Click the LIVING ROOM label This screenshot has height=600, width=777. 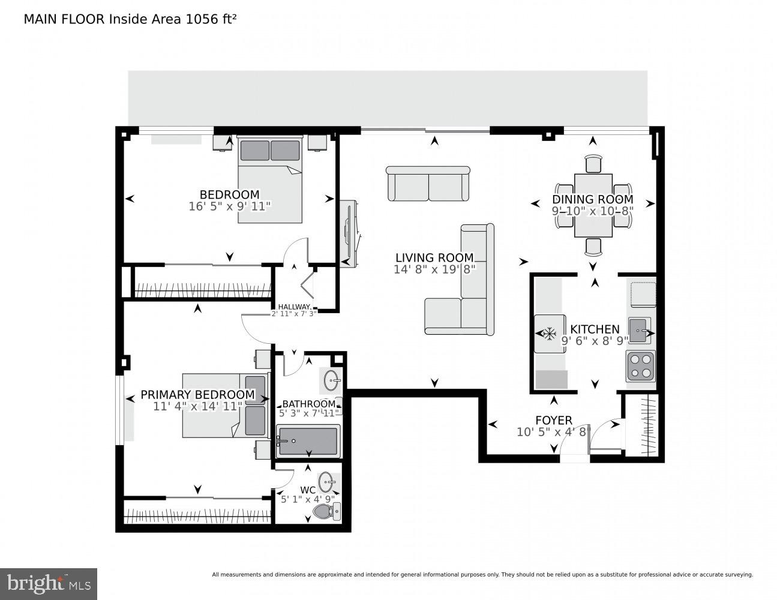(434, 258)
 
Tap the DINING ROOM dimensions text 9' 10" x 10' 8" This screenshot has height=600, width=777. (592, 211)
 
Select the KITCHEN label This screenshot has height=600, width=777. (594, 329)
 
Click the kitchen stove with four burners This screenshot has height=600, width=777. (640, 367)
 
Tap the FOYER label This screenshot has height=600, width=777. (553, 421)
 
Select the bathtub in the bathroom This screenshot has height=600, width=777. (308, 442)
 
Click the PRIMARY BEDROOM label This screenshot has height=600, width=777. (197, 395)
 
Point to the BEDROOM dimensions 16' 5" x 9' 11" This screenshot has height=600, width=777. (229, 206)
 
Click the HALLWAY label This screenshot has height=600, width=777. (293, 307)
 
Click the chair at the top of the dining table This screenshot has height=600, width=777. (593, 163)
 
